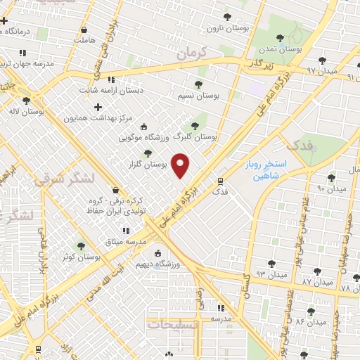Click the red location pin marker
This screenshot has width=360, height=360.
point(181,166)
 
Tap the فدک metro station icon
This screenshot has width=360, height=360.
point(220,181)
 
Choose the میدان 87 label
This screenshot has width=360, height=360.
point(316,281)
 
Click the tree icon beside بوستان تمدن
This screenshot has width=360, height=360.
point(281,38)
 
